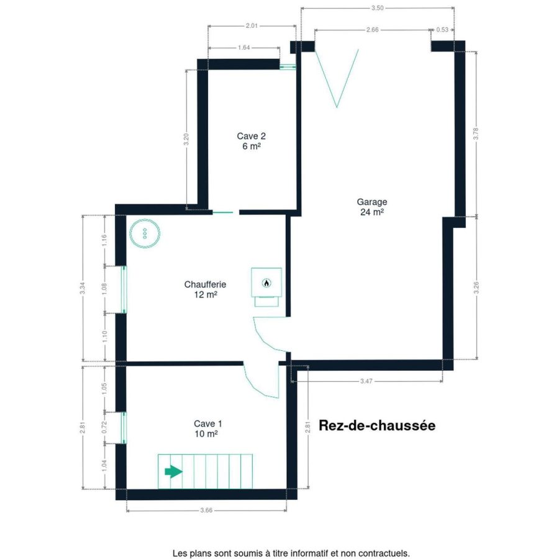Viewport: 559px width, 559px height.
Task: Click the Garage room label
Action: click(372, 207)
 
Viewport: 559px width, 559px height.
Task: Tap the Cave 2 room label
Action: click(252, 141)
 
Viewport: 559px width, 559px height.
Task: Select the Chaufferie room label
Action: click(205, 289)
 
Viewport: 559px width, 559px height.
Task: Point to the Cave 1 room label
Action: click(207, 429)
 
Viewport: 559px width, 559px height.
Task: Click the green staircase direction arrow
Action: click(173, 471)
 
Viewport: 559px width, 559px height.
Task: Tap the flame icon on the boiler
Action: click(266, 283)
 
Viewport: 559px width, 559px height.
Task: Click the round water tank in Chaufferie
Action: click(145, 234)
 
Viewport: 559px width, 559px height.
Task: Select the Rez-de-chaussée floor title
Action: click(377, 425)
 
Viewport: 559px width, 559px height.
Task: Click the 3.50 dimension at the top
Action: click(377, 8)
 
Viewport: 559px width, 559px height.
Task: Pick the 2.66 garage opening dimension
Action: click(372, 30)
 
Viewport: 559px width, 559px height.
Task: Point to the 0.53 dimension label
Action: click(442, 30)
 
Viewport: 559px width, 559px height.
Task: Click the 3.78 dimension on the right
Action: click(476, 134)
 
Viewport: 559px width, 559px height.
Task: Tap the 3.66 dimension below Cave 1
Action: click(206, 510)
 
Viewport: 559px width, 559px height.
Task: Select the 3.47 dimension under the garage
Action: click(366, 381)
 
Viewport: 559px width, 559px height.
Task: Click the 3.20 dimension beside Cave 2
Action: click(186, 139)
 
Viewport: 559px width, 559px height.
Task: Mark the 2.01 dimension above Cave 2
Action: click(252, 25)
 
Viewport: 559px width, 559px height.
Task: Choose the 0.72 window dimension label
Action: click(104, 427)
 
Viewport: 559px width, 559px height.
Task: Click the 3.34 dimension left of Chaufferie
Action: click(83, 288)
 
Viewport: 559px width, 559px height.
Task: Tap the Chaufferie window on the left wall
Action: click(124, 289)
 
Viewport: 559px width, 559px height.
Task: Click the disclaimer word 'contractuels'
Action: click(387, 553)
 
